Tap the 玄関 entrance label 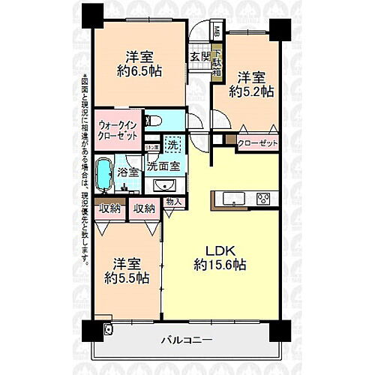point(198,55)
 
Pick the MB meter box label point(217,32)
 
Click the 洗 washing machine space point(172,142)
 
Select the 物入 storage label point(173,202)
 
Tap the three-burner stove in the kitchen point(265,199)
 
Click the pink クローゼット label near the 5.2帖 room point(257,142)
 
